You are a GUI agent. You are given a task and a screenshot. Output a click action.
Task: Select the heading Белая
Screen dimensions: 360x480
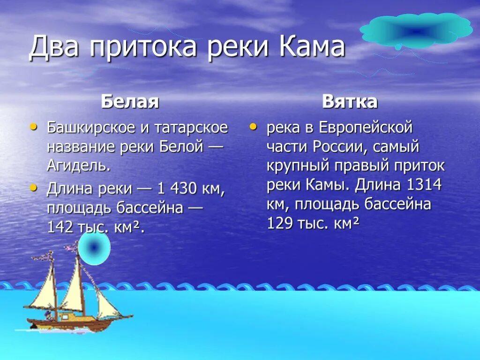130,102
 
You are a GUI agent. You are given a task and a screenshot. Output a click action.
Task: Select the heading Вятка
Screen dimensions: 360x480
350,102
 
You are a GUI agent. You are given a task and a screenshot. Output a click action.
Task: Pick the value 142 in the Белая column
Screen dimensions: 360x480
60,227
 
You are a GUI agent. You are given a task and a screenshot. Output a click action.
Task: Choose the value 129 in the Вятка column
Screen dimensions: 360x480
280,224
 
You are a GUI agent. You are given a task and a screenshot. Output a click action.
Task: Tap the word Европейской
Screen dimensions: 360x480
366,127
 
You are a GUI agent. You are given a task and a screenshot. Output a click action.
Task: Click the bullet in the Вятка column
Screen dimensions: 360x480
253,127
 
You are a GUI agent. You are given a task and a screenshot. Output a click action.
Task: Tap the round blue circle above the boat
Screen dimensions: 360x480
94,248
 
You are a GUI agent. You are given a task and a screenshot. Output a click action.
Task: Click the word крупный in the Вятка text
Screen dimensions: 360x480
296,166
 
